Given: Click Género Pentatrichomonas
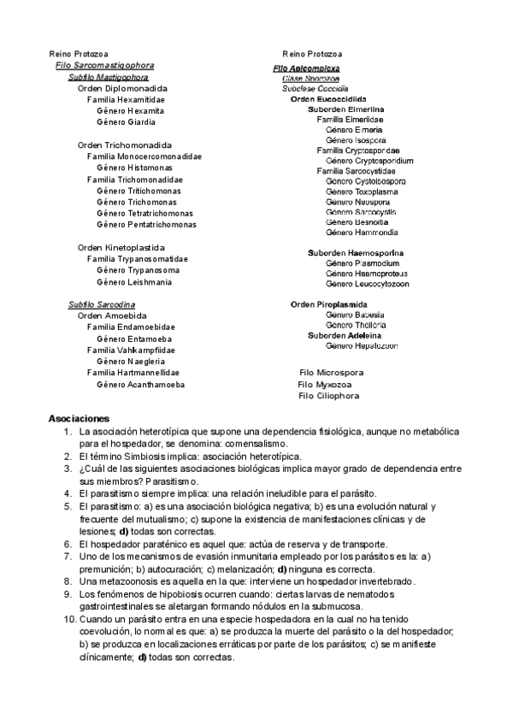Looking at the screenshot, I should tap(146, 225).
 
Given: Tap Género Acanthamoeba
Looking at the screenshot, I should tap(141, 385).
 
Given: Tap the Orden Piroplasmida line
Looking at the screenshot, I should tap(329, 304).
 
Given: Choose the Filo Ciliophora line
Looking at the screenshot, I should tap(328, 396).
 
